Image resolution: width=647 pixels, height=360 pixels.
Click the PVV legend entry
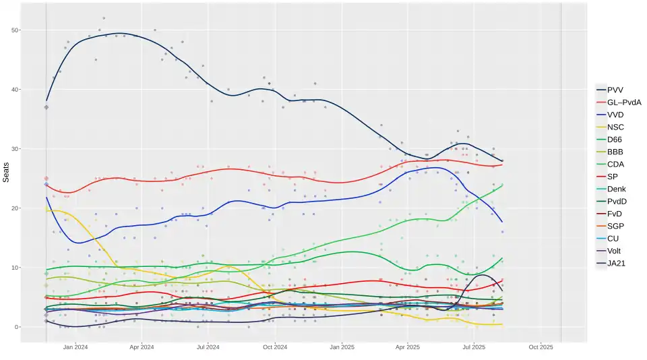(x=615, y=90)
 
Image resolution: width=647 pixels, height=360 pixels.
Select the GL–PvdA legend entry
(x=624, y=102)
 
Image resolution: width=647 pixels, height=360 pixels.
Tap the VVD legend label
(x=615, y=115)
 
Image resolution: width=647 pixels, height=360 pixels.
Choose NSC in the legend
(x=615, y=127)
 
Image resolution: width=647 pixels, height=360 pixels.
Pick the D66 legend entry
(x=615, y=140)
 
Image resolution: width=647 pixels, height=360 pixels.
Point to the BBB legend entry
(x=615, y=152)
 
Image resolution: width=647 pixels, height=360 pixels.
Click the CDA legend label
(x=615, y=164)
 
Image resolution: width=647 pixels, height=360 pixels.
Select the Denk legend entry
(x=617, y=189)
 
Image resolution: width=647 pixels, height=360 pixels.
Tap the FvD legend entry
(x=615, y=214)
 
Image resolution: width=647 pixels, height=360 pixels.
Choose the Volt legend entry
(x=615, y=251)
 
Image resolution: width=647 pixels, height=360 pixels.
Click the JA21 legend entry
(x=616, y=263)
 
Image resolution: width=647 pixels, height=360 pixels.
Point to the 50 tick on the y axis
(x=15, y=30)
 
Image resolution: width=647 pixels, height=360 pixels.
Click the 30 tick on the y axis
(x=15, y=149)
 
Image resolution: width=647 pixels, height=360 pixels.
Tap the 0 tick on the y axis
(x=17, y=327)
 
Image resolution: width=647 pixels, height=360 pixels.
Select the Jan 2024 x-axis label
(x=75, y=348)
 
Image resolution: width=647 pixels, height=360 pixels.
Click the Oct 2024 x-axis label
(x=275, y=348)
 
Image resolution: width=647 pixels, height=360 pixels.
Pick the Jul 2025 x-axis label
(x=474, y=348)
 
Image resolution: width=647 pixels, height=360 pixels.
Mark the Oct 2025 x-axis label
(x=541, y=348)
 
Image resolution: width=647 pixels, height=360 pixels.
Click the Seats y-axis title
(x=6, y=172)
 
